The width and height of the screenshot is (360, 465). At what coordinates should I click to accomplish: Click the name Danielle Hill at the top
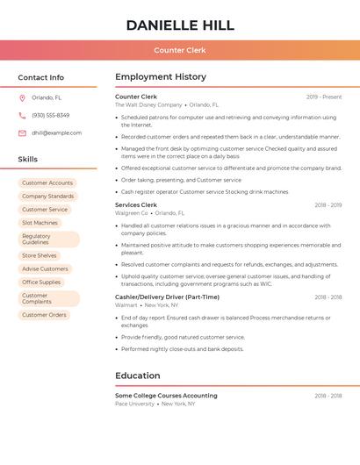[x=180, y=25]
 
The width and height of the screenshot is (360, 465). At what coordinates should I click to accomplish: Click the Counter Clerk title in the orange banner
[x=180, y=51]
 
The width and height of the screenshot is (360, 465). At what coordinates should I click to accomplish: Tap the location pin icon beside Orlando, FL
[x=22, y=98]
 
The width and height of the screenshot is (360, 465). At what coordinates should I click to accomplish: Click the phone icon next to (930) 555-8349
[x=22, y=116]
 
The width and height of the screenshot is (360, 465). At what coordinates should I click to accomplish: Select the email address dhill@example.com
[x=56, y=133]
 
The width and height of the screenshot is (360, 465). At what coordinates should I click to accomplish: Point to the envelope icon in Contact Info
[x=22, y=133]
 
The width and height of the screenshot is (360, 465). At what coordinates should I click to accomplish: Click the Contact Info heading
[x=41, y=77]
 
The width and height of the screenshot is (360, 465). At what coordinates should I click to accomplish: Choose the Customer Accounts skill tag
[x=47, y=183]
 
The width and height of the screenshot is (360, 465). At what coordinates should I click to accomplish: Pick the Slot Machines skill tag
[x=40, y=223]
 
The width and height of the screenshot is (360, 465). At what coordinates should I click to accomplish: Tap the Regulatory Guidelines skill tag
[x=48, y=240]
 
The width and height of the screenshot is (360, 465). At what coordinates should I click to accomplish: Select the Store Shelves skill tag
[x=40, y=256]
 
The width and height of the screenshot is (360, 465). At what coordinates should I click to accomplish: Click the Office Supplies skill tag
[x=41, y=283]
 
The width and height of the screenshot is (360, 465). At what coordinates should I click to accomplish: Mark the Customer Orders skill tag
[x=44, y=315]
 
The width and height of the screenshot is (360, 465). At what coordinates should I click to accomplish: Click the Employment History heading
[x=161, y=77]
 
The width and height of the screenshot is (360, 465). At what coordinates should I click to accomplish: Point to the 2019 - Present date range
[x=324, y=97]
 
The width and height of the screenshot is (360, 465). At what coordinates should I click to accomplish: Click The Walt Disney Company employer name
[x=148, y=104]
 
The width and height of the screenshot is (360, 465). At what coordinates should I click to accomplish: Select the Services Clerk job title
[x=136, y=204]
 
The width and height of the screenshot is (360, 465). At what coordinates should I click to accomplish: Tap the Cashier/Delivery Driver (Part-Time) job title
[x=168, y=297]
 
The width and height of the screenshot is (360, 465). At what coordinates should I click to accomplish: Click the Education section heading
[x=137, y=376]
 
